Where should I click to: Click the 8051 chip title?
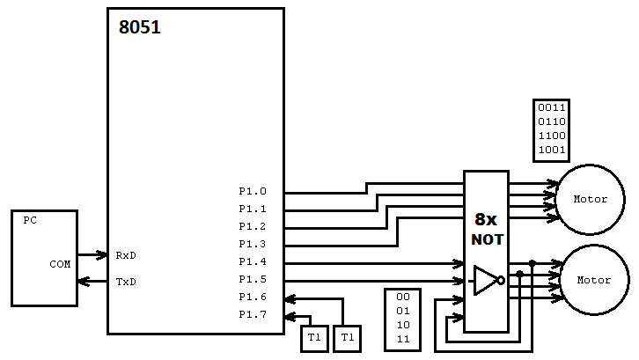click(140, 27)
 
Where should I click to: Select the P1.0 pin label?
click(252, 191)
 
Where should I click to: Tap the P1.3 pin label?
click(252, 244)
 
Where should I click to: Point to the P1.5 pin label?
click(252, 279)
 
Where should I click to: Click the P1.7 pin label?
click(252, 314)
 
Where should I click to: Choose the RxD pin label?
click(126, 255)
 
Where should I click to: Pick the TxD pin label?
click(126, 282)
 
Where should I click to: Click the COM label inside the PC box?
click(60, 263)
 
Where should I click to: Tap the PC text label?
click(29, 221)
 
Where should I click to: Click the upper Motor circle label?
click(591, 199)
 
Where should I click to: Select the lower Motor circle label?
click(593, 280)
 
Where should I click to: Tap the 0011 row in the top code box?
click(552, 108)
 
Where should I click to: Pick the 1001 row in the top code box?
click(552, 150)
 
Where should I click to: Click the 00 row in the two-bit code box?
click(403, 298)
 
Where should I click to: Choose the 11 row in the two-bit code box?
click(403, 339)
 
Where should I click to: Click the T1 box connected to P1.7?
click(314, 338)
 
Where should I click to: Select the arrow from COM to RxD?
click(92, 255)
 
